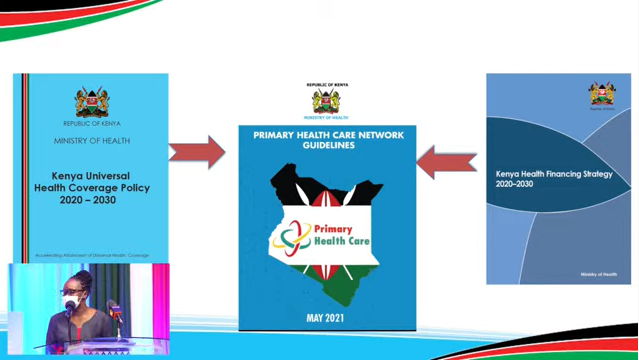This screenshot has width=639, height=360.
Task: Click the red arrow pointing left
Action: [446, 162]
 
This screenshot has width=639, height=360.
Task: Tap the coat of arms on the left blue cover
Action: [92, 101]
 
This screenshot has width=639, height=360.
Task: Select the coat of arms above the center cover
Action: [327, 101]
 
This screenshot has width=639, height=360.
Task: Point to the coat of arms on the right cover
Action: [602, 94]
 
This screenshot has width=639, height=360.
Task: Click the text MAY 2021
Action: [327, 318]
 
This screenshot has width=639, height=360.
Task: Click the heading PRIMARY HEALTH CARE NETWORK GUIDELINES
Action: [327, 139]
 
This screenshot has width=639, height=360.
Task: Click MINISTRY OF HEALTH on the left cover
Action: [92, 141]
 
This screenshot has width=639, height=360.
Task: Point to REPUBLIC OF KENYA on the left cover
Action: [92, 123]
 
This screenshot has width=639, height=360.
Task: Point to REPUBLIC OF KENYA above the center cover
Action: [327, 85]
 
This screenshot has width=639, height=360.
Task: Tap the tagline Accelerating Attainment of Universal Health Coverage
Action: [91, 256]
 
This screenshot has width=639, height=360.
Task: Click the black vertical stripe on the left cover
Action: [25, 165]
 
